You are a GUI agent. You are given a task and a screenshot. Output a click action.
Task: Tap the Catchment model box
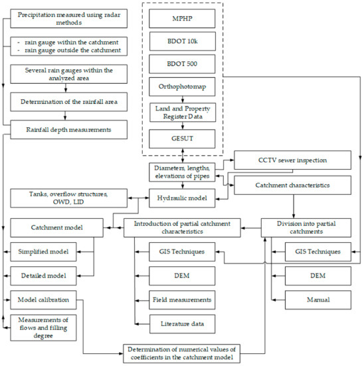(x=56, y=228)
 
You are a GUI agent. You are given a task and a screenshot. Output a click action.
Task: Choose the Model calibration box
(x=44, y=299)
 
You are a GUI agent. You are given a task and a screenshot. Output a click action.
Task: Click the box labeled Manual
(x=318, y=299)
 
